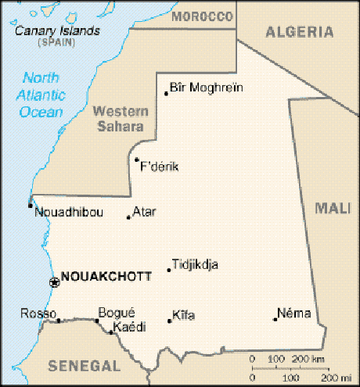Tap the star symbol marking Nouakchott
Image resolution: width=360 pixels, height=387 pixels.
(54, 282)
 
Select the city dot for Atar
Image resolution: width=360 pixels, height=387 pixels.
(128, 217)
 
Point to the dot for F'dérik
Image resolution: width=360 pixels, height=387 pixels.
(136, 159)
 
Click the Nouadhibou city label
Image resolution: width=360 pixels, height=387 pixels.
(69, 213)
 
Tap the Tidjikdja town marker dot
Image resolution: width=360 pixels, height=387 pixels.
(168, 271)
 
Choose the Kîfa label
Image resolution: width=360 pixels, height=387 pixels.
(183, 315)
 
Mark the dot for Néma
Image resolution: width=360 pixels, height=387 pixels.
(275, 318)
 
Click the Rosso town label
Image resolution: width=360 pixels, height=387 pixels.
(34, 314)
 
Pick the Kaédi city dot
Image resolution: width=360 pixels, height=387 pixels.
(111, 332)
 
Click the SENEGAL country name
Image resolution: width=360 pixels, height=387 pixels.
(84, 366)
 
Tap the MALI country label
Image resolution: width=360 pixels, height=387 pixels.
(332, 208)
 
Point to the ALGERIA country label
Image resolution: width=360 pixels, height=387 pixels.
(299, 31)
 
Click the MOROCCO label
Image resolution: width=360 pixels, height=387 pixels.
(203, 16)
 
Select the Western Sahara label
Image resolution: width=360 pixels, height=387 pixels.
(120, 119)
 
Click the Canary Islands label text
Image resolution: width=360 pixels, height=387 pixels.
(58, 31)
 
